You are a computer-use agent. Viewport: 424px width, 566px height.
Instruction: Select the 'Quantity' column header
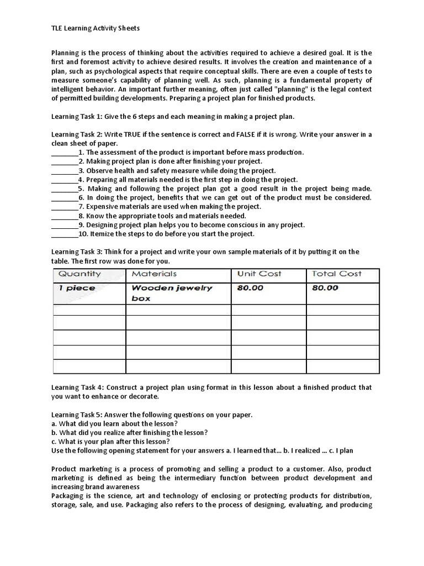click(79, 274)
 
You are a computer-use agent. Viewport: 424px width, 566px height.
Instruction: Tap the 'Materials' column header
click(154, 274)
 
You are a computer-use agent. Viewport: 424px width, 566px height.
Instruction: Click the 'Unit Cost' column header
click(259, 274)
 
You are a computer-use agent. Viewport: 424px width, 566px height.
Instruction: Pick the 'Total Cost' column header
click(337, 274)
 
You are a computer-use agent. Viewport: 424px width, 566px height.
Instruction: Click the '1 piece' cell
click(77, 288)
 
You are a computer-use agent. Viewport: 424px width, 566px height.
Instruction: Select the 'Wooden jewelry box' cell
click(171, 293)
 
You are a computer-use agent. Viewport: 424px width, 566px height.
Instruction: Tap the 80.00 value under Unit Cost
click(250, 288)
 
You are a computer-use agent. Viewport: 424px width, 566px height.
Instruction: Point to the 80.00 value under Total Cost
click(325, 288)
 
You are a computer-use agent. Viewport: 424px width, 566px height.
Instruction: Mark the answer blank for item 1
click(65, 153)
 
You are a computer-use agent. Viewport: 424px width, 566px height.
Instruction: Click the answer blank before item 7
click(65, 207)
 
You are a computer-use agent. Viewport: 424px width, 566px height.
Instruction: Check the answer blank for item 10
click(65, 234)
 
